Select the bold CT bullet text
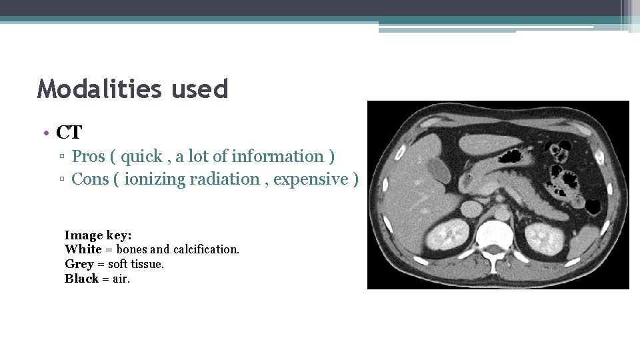(x=69, y=132)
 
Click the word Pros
(x=89, y=157)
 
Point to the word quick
(x=142, y=157)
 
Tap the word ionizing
(x=153, y=179)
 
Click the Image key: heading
(x=98, y=235)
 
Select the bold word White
(x=83, y=249)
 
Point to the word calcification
(x=206, y=249)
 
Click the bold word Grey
(x=79, y=264)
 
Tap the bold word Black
(x=81, y=279)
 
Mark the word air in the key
(x=121, y=279)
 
